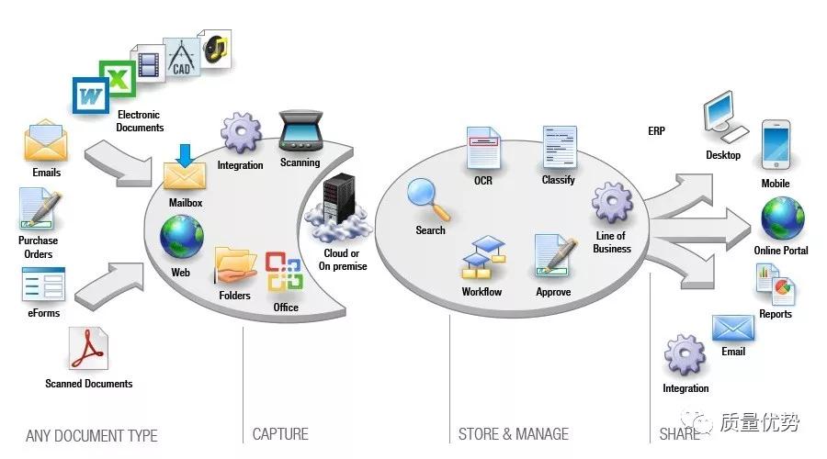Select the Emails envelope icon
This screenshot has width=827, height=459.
[x=45, y=143]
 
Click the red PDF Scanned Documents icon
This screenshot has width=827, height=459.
[x=88, y=350]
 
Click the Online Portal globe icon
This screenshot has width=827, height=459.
[x=782, y=218]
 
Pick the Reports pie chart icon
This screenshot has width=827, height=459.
[x=776, y=285]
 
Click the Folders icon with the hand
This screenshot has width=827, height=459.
[x=235, y=266]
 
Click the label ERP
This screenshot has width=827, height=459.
[x=656, y=131]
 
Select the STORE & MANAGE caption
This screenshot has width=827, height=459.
[x=513, y=434]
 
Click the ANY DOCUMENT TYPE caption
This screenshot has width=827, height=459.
[x=91, y=436]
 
